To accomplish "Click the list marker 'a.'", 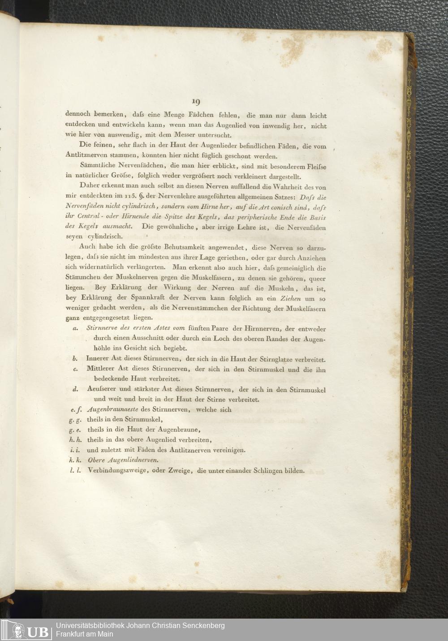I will (74, 328).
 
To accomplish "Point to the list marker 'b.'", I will (75, 359).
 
